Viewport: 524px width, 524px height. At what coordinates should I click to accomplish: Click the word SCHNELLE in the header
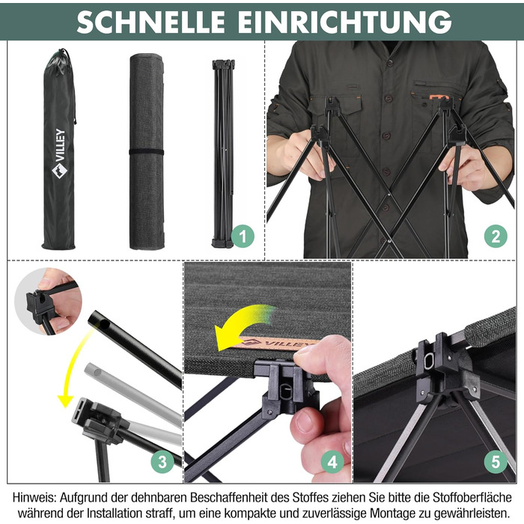click(x=150, y=22)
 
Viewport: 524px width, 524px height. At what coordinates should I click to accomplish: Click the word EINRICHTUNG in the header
click(x=344, y=22)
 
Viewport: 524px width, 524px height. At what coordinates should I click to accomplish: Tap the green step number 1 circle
click(x=243, y=237)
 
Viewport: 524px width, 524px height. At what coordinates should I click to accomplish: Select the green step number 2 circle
click(x=496, y=237)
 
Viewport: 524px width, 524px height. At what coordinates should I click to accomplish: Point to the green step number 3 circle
click(x=162, y=462)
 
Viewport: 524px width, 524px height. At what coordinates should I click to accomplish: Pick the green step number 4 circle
click(x=332, y=463)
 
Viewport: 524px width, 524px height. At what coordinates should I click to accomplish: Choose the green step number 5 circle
click(x=496, y=462)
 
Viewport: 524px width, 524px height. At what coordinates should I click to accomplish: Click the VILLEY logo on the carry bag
click(x=59, y=153)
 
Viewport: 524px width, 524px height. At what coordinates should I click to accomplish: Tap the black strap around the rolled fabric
click(x=147, y=152)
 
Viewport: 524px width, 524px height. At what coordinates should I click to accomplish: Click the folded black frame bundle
click(x=223, y=153)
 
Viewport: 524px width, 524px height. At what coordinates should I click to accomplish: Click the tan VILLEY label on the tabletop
click(x=278, y=344)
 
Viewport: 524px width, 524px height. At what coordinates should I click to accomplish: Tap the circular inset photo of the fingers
click(x=48, y=302)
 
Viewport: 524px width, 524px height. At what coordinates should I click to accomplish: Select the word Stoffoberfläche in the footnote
click(x=472, y=498)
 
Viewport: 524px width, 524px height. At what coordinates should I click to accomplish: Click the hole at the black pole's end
click(x=104, y=323)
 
